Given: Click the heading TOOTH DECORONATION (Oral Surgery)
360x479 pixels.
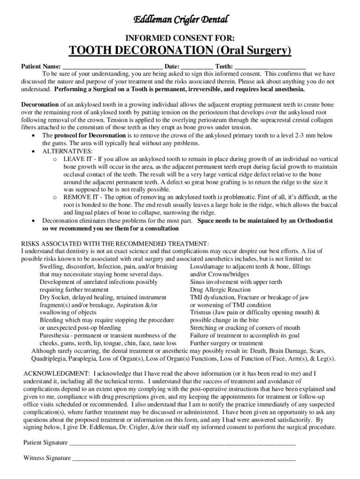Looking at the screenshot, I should click(180, 51).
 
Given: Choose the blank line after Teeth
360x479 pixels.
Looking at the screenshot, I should click(270, 67).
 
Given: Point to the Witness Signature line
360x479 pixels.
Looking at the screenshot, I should click(184, 458).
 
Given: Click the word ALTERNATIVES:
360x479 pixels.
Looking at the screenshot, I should click(67, 151).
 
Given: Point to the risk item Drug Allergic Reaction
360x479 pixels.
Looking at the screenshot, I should click(220, 290).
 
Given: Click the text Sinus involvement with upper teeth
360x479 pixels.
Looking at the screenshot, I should click(236, 282).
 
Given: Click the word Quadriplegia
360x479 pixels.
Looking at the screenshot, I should click(49, 359).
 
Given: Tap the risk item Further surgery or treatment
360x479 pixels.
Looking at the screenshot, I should click(226, 343).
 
